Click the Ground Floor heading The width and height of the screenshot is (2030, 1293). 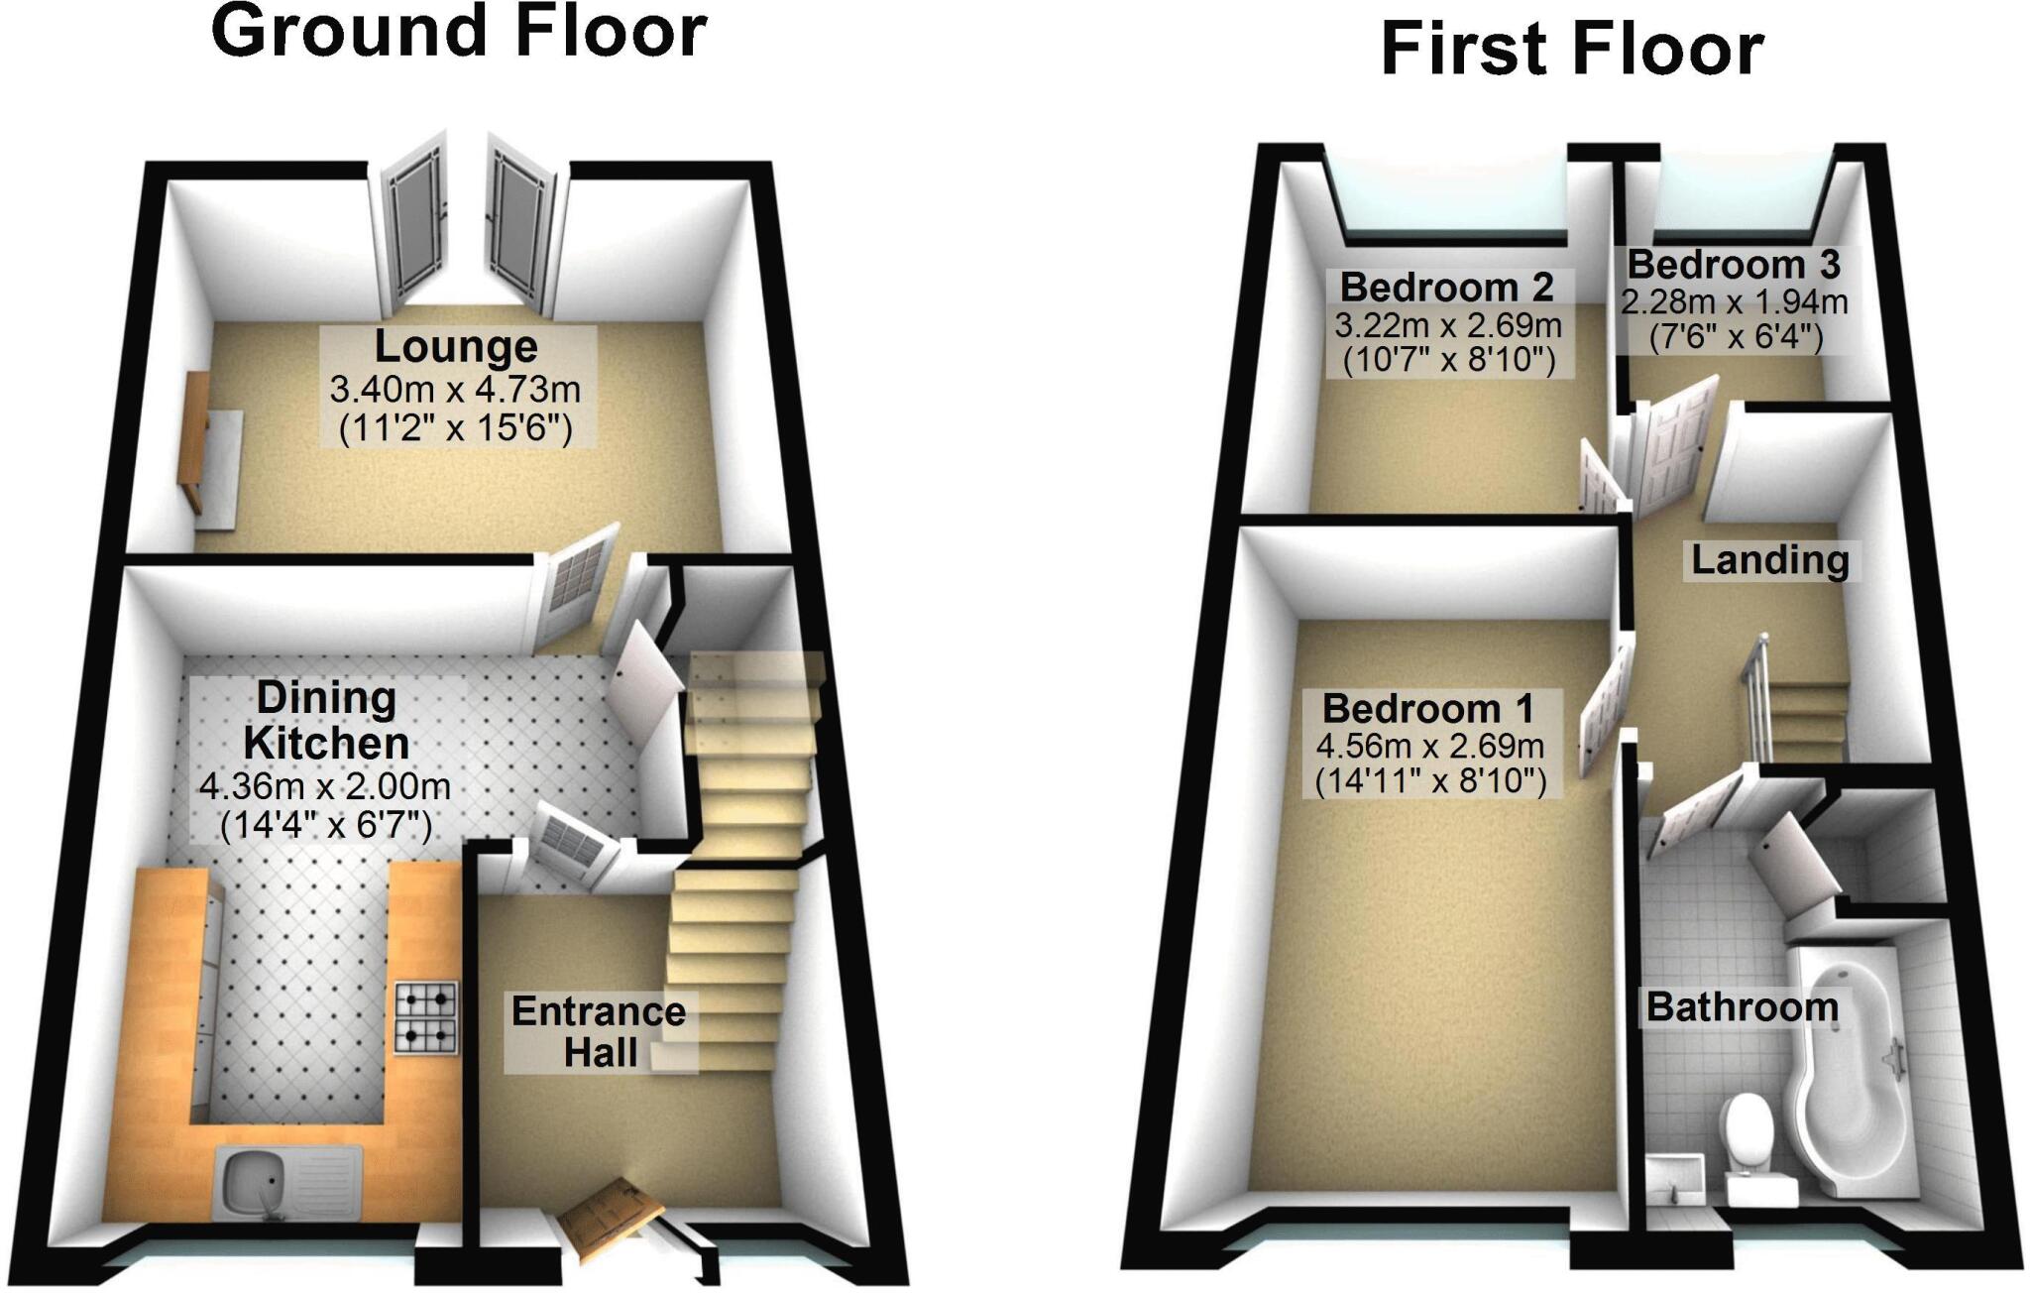click(458, 32)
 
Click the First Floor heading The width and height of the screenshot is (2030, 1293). click(1571, 50)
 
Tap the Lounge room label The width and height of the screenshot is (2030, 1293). click(456, 347)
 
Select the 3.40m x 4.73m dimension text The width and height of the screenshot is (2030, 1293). click(456, 389)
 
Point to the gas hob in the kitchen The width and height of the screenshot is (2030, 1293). click(427, 1016)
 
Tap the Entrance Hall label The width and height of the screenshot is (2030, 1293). click(599, 1032)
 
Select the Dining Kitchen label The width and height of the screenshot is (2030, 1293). click(326, 720)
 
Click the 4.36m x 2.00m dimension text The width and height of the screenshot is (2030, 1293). click(325, 787)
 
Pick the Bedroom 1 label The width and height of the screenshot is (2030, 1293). click(1427, 709)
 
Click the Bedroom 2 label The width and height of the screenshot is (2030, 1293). click(1446, 288)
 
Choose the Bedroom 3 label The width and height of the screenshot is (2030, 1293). click(1734, 265)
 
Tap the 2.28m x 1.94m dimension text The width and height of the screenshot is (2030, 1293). click(1735, 301)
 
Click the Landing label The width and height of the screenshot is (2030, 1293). click(1770, 560)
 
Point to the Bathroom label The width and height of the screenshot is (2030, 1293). click(1743, 1007)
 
